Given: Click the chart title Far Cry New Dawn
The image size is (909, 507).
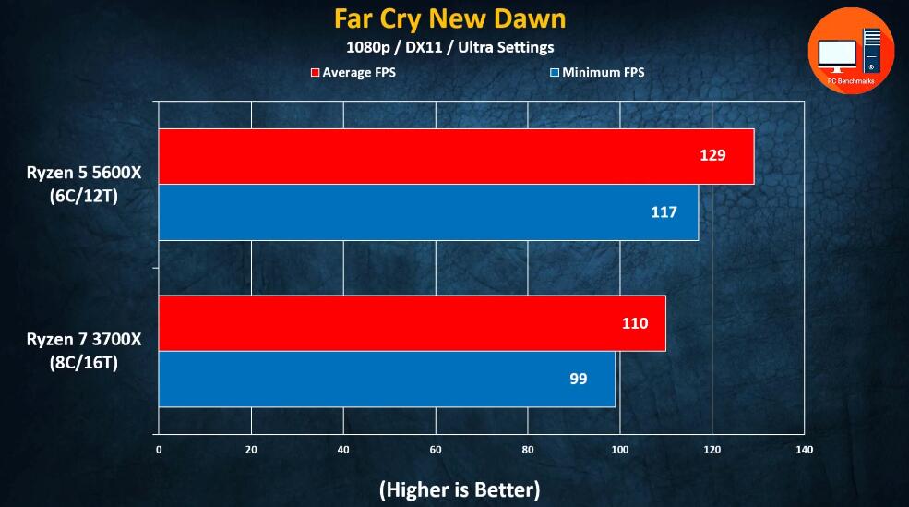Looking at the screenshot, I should coord(450,18).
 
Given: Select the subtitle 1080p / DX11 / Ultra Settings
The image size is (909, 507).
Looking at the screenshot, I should coord(450,47).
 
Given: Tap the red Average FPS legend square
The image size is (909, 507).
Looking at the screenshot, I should coord(315,72).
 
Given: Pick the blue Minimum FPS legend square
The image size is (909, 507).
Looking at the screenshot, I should coord(555,72).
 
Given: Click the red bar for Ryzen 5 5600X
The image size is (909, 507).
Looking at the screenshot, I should coord(456,156).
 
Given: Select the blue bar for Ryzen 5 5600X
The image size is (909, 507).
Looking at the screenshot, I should coord(428,212).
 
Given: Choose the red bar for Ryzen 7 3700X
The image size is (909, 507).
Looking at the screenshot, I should coord(412,323).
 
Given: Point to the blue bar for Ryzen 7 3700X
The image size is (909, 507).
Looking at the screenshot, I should coord(387,379).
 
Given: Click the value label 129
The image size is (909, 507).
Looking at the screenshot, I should coord(712,155).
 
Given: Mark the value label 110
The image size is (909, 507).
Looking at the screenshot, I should coord(634,323).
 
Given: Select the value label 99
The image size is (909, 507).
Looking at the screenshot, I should coord(578,379).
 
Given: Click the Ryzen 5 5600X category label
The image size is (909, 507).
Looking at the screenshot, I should coord(84,185).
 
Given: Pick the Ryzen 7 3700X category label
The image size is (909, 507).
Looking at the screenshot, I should coord(84,351).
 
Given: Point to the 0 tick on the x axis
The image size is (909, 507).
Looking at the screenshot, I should coord(159,450).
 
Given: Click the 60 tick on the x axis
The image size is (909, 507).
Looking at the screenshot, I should coord(436,450).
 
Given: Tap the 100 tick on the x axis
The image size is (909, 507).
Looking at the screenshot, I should coord(620,450).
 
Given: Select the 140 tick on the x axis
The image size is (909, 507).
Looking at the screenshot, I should coord(805,450).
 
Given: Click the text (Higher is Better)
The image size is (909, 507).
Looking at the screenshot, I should coord(460,489).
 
